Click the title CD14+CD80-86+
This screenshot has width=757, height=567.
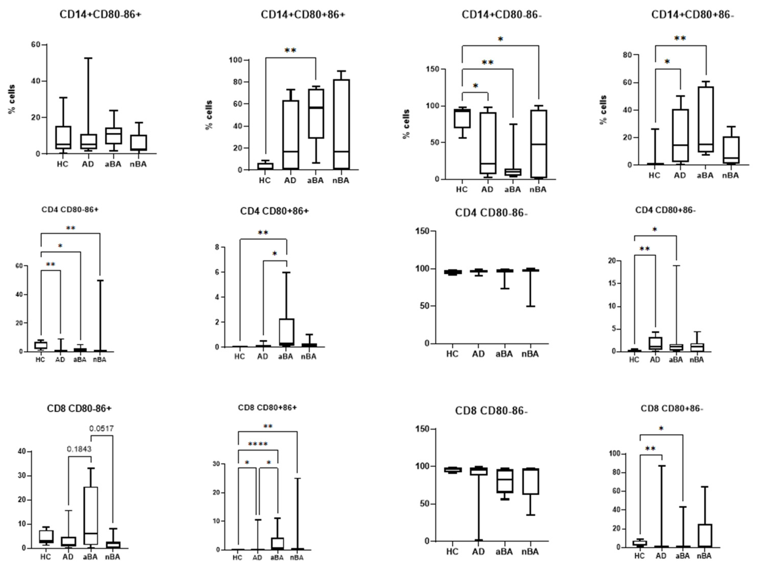point(100,15)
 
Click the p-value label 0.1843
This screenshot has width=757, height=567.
point(79,449)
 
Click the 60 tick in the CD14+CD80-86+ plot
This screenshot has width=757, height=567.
point(36,45)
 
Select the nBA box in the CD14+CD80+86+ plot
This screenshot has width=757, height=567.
point(341,124)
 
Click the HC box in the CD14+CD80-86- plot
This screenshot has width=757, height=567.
point(462,118)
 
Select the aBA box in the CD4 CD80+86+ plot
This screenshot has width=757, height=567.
point(287,332)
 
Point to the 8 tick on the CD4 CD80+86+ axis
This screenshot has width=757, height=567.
point(217,247)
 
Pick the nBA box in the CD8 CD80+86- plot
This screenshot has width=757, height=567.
point(704,535)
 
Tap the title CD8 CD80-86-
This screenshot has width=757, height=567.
point(491,411)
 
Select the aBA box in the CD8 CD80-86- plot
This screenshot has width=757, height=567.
point(504,480)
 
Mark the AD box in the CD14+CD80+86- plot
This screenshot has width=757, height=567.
point(680,135)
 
